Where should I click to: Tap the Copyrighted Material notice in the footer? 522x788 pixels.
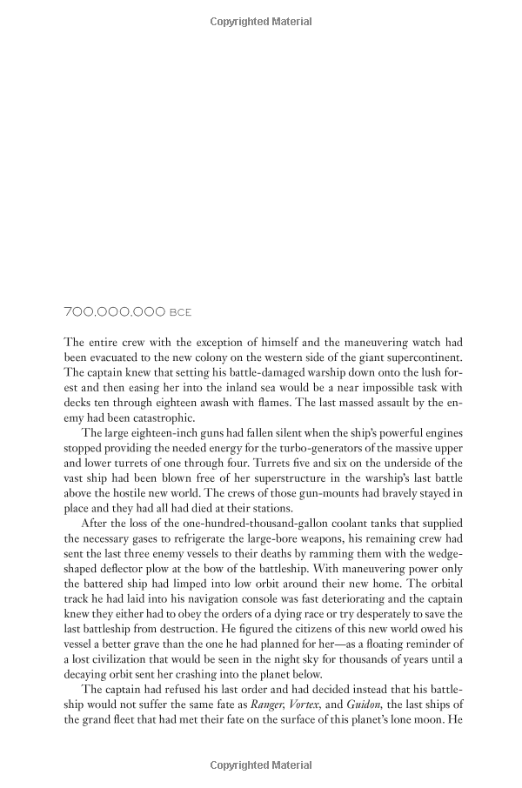coord(261,765)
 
